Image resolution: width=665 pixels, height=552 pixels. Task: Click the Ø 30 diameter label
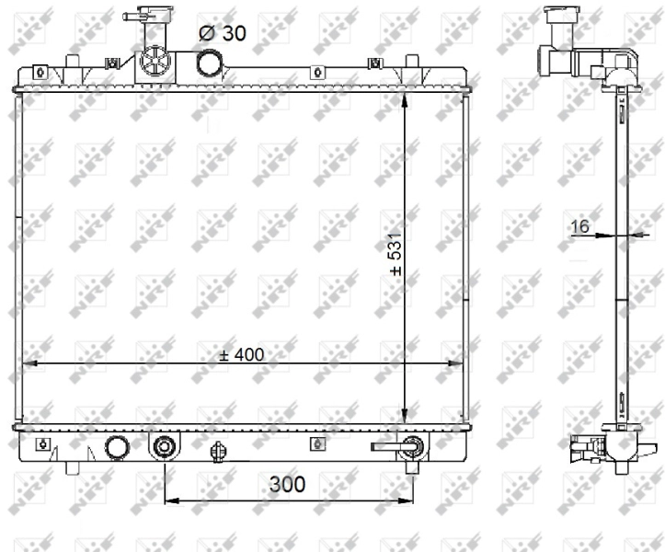point(223,33)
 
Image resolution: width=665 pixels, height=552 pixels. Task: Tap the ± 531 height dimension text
point(396,254)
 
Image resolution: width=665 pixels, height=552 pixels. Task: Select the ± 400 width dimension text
point(242,354)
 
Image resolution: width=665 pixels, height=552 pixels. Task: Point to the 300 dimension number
point(287,484)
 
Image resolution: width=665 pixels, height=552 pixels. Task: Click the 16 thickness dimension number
point(579,226)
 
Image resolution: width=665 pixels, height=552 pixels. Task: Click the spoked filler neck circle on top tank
point(155,63)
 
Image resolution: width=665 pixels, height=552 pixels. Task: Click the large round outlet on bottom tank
point(117,448)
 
